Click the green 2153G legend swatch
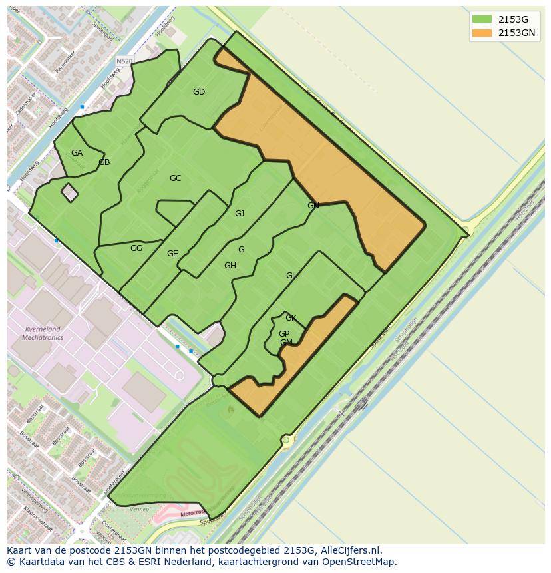tap(482, 19)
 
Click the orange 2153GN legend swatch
tap(482, 33)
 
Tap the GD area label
tap(198, 92)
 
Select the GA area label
tap(77, 153)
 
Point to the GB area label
tap(104, 162)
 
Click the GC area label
tap(175, 178)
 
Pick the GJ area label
tap(240, 214)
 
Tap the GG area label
tap(136, 248)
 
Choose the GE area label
tap(172, 254)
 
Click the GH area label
tap(230, 266)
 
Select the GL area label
tap(291, 276)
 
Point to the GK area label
tap(291, 318)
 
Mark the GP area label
tap(284, 334)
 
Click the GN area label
tap(313, 206)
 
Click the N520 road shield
tap(124, 61)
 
